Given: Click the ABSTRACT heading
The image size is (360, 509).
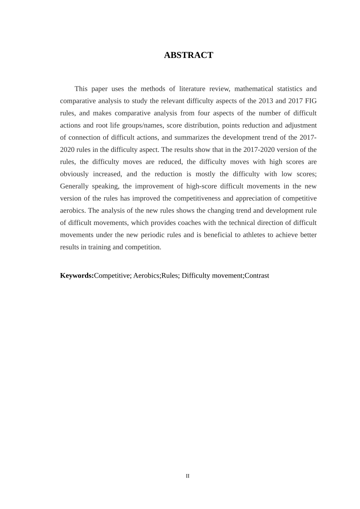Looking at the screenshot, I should click(x=188, y=55).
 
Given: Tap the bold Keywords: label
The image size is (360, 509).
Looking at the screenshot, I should click(x=77, y=276).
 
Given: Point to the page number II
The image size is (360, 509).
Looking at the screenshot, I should click(x=188, y=476).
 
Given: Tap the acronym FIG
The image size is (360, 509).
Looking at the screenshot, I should click(x=310, y=101).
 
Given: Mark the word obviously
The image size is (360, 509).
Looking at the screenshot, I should click(x=74, y=174).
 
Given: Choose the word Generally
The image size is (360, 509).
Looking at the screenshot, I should click(x=74, y=186).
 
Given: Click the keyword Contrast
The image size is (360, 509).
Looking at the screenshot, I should click(x=257, y=276).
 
